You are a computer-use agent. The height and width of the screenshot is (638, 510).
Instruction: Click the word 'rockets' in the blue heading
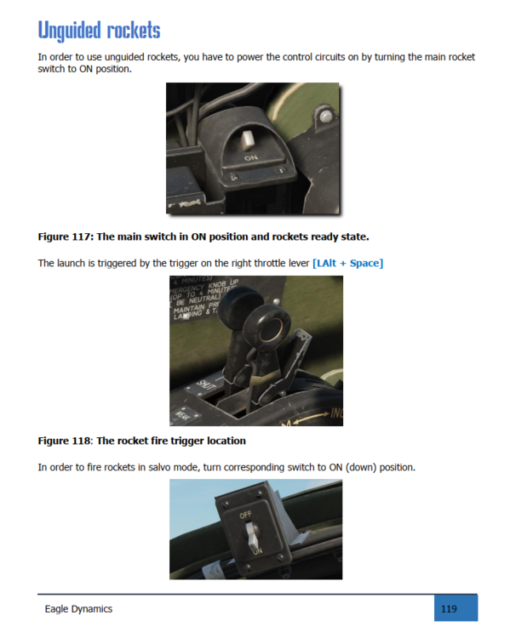(133, 30)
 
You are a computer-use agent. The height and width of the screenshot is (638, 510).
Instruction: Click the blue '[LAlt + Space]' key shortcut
(347, 263)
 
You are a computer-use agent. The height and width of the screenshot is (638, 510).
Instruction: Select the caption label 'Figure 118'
(65, 441)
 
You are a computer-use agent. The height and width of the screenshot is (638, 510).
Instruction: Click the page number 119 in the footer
(449, 608)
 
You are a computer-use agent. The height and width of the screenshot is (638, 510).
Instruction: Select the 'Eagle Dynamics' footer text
(78, 608)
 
